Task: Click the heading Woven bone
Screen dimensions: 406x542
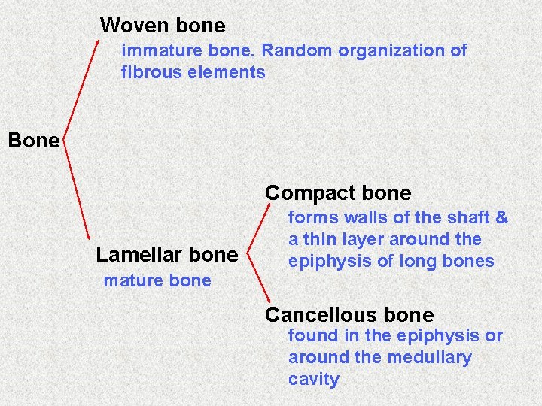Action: pyautogui.click(x=163, y=26)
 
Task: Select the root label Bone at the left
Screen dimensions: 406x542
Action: pyautogui.click(x=33, y=141)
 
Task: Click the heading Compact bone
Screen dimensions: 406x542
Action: pyautogui.click(x=338, y=193)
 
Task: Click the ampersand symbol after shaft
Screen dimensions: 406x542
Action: pyautogui.click(x=501, y=218)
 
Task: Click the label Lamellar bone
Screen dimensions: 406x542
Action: pyautogui.click(x=166, y=255)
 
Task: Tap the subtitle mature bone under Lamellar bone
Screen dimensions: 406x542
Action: pyautogui.click(x=157, y=281)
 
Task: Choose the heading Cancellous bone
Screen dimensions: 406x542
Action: pyautogui.click(x=349, y=315)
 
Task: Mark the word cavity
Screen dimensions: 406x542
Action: pyautogui.click(x=313, y=380)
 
